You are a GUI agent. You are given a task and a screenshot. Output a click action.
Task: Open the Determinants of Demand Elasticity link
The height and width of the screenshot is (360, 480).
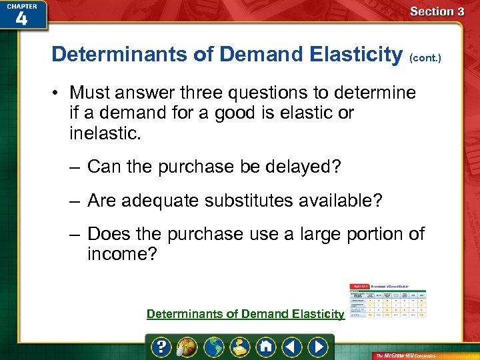pyautogui.click(x=245, y=314)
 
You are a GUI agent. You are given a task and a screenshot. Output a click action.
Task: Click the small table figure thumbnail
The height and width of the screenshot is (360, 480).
pyautogui.click(x=389, y=301)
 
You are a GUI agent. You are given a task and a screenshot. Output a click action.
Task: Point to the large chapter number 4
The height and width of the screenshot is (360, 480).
pyautogui.click(x=21, y=19)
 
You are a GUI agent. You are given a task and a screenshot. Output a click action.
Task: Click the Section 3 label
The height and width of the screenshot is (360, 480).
pyautogui.click(x=437, y=11)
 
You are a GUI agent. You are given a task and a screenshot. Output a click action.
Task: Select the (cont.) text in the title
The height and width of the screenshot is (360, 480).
pyautogui.click(x=423, y=58)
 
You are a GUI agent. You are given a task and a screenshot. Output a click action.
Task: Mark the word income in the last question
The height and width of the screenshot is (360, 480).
pyautogui.click(x=117, y=254)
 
